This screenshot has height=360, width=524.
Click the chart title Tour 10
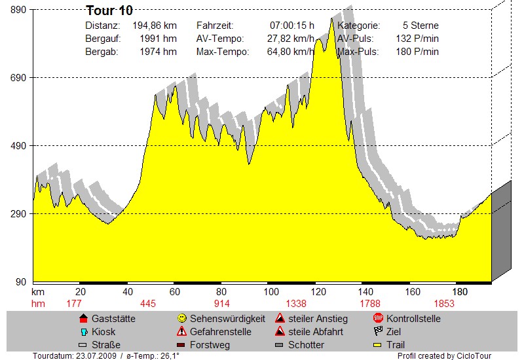(109, 10)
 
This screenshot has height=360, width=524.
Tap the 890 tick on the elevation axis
(18, 10)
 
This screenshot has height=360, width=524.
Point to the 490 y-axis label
(18, 146)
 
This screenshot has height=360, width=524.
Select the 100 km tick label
(271, 292)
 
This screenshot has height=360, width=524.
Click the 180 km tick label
(460, 292)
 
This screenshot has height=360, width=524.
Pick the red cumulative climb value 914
(221, 304)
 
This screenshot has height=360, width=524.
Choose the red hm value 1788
(370, 304)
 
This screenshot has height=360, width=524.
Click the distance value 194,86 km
(155, 26)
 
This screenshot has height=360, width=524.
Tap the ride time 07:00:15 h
(291, 26)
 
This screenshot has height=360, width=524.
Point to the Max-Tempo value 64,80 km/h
(290, 52)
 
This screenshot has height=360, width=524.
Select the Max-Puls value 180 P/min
(417, 52)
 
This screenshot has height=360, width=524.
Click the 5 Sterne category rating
(421, 26)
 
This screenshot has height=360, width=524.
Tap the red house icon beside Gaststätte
(84, 318)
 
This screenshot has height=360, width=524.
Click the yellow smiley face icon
(182, 318)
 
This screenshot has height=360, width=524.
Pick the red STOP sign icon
(378, 318)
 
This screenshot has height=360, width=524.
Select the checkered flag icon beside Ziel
(378, 331)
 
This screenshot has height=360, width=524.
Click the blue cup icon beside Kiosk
(84, 332)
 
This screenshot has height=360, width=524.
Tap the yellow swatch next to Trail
(377, 345)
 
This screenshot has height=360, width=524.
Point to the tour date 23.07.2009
(96, 355)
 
